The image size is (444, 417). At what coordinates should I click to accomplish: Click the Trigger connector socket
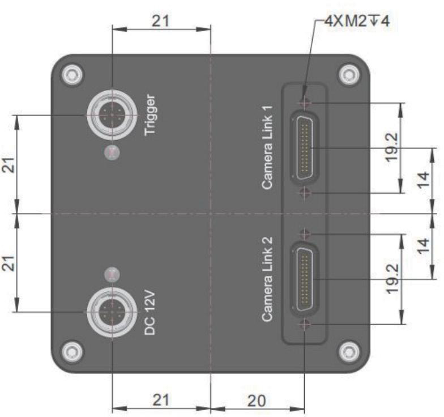click(x=112, y=116)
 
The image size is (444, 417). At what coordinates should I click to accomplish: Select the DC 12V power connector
click(x=112, y=312)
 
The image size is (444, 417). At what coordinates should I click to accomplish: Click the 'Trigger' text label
click(x=150, y=115)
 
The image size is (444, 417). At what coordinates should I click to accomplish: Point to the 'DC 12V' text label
click(x=150, y=313)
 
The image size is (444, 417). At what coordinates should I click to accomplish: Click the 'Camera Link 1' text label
click(x=267, y=147)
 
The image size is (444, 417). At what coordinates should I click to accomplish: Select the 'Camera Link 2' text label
click(x=267, y=279)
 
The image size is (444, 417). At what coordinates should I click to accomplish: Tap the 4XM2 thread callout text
click(x=357, y=22)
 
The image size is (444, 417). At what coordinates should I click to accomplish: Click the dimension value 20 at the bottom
click(x=257, y=401)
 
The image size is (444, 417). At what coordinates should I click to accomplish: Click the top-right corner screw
click(x=350, y=75)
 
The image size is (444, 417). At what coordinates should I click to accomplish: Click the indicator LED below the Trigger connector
click(x=112, y=152)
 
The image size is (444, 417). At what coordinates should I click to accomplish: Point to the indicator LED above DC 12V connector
click(x=112, y=275)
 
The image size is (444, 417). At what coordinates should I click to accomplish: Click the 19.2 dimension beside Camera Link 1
click(x=392, y=147)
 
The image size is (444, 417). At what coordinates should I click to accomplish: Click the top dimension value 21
click(x=161, y=21)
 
